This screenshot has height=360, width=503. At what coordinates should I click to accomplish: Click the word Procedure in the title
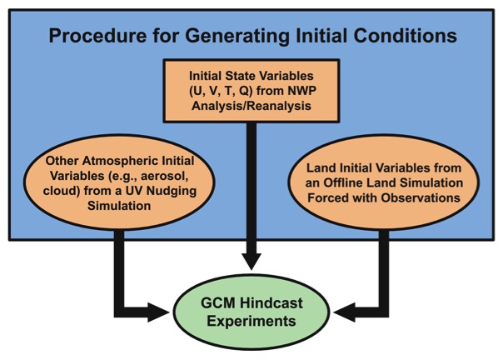pyautogui.click(x=97, y=36)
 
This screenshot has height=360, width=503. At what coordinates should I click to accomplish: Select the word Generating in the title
pyautogui.click(x=237, y=37)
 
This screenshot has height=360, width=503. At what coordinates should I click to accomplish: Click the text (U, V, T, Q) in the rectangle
pyautogui.click(x=219, y=91)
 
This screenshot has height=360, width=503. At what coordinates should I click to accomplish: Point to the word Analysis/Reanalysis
pyautogui.click(x=251, y=106)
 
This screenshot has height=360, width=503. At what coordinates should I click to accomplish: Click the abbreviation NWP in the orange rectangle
pyautogui.click(x=301, y=91)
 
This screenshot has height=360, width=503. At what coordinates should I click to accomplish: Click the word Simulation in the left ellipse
pyautogui.click(x=119, y=206)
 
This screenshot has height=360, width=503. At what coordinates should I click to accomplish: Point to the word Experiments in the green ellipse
pyautogui.click(x=251, y=321)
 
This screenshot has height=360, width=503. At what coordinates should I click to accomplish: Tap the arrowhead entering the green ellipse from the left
pyautogui.click(x=158, y=312)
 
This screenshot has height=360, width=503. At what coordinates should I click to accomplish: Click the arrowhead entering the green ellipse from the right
pyautogui.click(x=344, y=312)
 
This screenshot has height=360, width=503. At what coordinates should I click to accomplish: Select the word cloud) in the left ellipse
pyautogui.click(x=62, y=191)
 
